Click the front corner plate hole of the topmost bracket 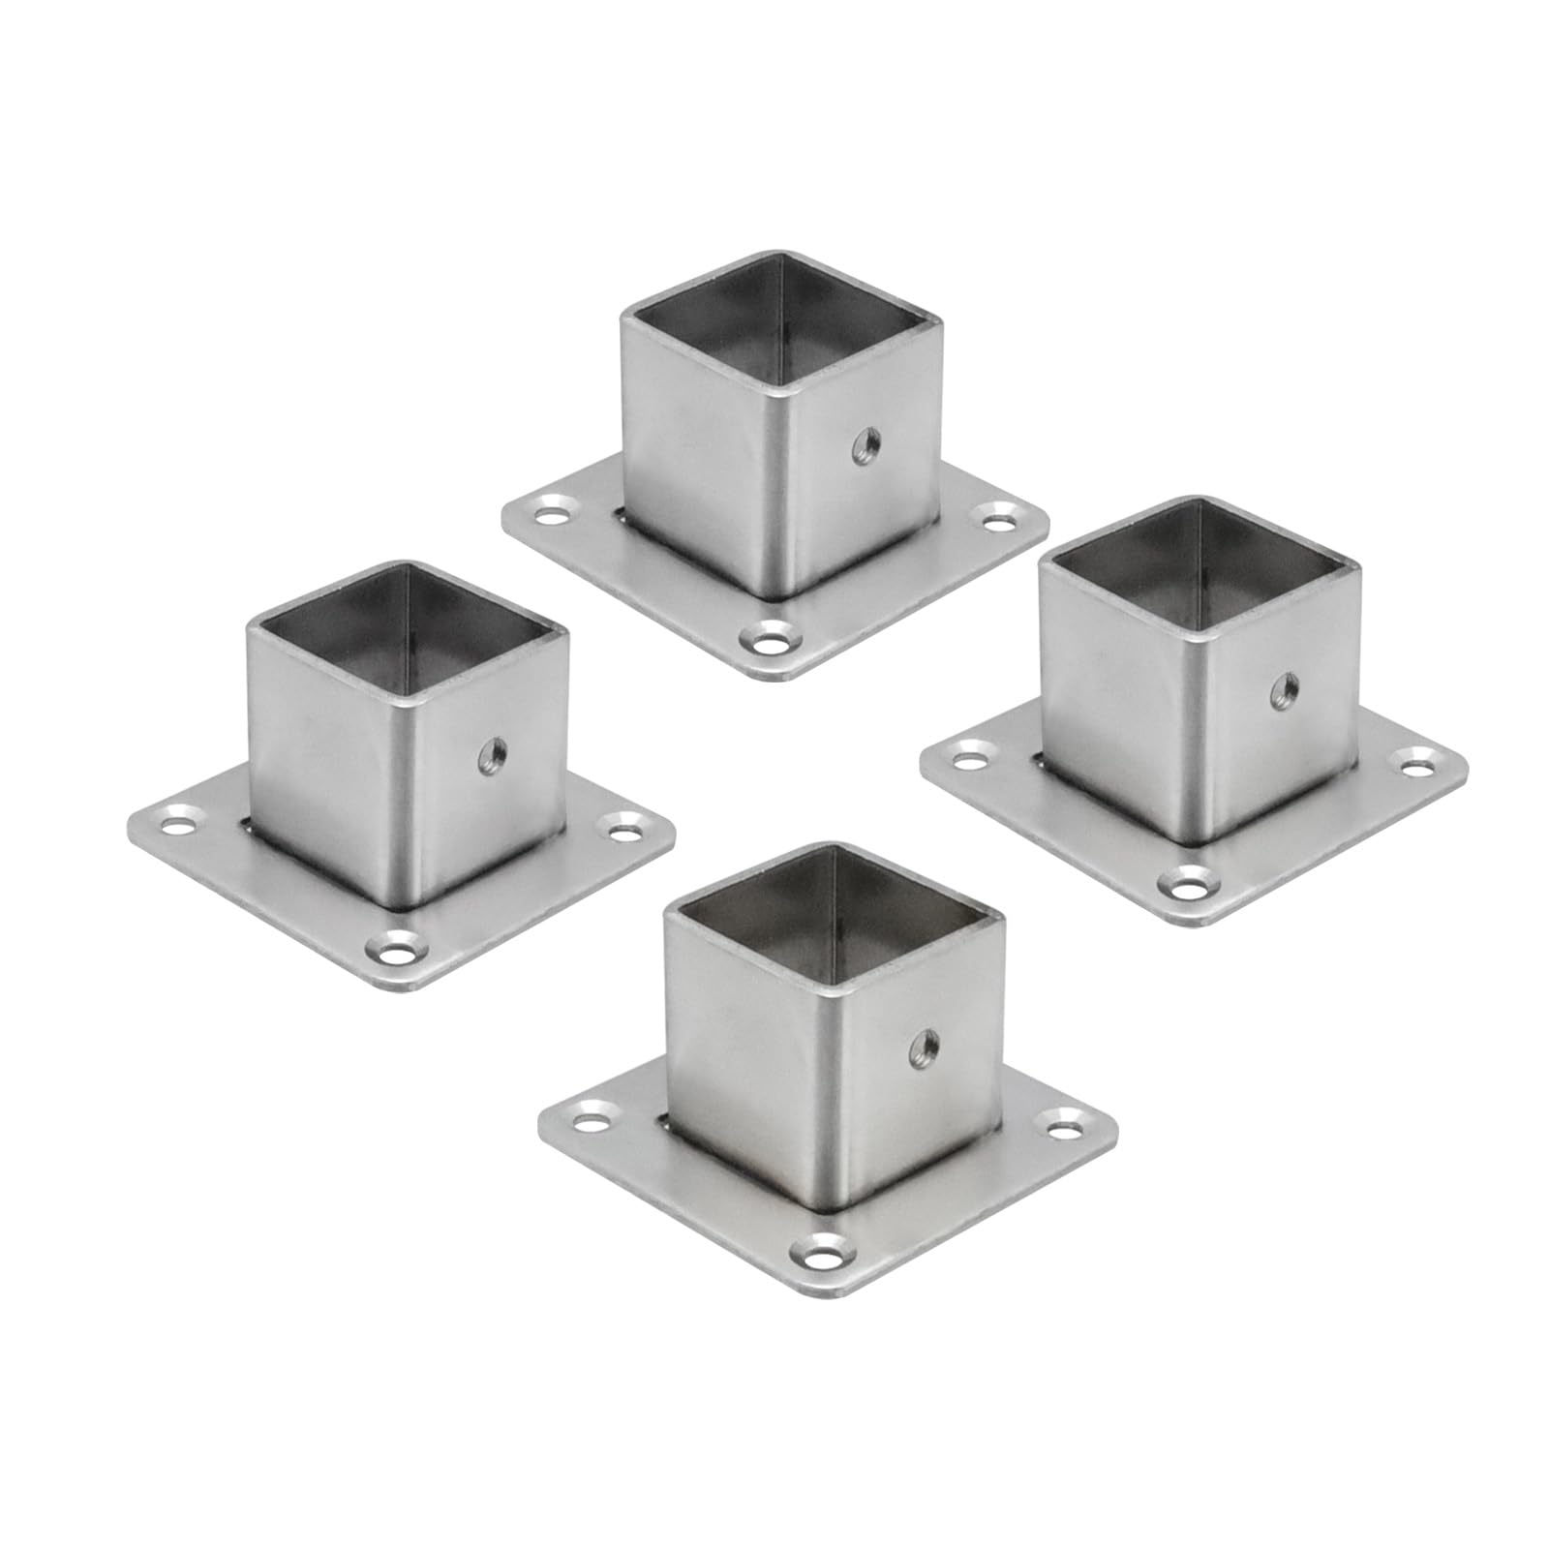tap(770, 640)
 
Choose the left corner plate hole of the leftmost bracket tap(178, 825)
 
